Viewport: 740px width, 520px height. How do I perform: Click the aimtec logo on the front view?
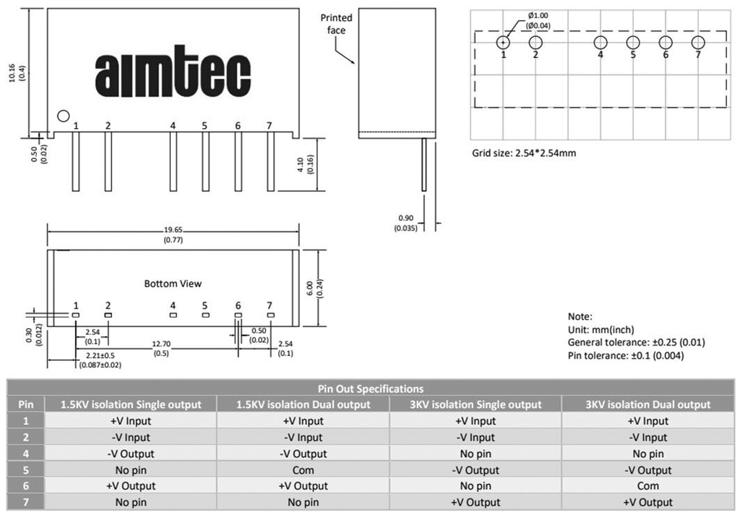click(x=173, y=72)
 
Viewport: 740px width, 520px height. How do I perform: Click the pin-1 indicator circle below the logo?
click(x=64, y=116)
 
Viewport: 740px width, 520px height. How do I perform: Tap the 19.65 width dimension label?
click(x=173, y=230)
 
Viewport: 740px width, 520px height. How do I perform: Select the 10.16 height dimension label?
click(x=12, y=73)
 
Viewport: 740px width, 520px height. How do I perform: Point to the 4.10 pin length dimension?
click(x=301, y=164)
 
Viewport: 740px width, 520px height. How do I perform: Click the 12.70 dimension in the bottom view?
click(x=161, y=344)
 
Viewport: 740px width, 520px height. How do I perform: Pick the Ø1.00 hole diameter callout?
click(x=538, y=16)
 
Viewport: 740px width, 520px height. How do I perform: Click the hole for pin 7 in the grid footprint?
click(x=698, y=43)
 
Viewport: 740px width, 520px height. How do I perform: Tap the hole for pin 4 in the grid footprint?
click(x=601, y=43)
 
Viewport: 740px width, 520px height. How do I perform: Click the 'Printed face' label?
click(x=337, y=24)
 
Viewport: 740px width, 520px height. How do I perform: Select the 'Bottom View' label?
click(x=173, y=284)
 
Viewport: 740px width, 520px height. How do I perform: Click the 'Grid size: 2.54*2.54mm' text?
click(x=524, y=153)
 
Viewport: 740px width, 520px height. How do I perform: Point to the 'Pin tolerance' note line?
click(x=626, y=355)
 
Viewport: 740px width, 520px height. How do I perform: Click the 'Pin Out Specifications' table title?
click(x=371, y=388)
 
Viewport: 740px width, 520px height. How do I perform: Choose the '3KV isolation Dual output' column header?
click(x=648, y=404)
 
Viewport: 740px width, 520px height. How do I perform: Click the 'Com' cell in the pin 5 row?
click(x=303, y=470)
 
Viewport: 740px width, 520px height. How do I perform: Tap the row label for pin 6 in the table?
click(x=26, y=486)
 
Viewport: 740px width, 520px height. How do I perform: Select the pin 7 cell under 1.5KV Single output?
click(x=131, y=502)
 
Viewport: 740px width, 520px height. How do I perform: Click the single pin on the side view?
click(x=423, y=164)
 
